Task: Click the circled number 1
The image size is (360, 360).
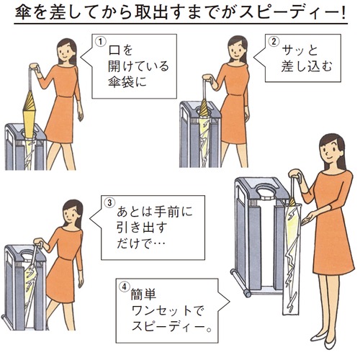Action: coord(101,42)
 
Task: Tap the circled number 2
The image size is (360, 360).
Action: coord(274,42)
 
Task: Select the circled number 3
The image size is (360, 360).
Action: coord(109,203)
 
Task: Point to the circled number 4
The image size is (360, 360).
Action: coord(124,287)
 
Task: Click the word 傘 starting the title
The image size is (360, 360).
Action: coord(23,12)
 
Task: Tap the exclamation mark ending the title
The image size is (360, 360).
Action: coord(343,13)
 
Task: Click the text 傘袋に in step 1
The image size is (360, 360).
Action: coord(127,82)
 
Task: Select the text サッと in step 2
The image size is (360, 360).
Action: coord(300,50)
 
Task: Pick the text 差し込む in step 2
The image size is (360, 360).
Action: coord(307,66)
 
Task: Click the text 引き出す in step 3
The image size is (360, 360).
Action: coord(142,228)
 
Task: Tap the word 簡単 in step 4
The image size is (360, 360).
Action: coord(143,294)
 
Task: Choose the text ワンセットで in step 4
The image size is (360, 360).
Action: coord(168,310)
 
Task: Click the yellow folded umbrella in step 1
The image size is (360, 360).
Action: coord(30,113)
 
